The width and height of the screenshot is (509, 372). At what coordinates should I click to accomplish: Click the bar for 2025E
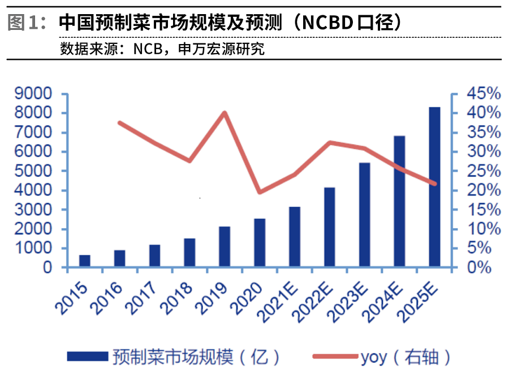click(434, 186)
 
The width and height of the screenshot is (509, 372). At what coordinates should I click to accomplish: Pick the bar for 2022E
click(330, 227)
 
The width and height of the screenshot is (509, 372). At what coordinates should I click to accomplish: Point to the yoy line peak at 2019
click(225, 113)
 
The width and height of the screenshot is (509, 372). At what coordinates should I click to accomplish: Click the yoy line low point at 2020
click(260, 192)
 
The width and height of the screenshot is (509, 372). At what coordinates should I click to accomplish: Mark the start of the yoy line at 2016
click(120, 122)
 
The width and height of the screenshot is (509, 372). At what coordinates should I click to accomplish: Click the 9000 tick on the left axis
click(36, 94)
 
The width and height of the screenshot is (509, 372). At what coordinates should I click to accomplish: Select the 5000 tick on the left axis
click(36, 171)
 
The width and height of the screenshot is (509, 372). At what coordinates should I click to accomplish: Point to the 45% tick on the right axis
click(480, 94)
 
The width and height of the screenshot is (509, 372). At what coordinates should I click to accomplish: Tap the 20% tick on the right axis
click(480, 190)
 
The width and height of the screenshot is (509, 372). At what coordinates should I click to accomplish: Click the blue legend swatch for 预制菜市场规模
click(88, 356)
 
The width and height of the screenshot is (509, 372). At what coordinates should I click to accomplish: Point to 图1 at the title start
click(25, 23)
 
